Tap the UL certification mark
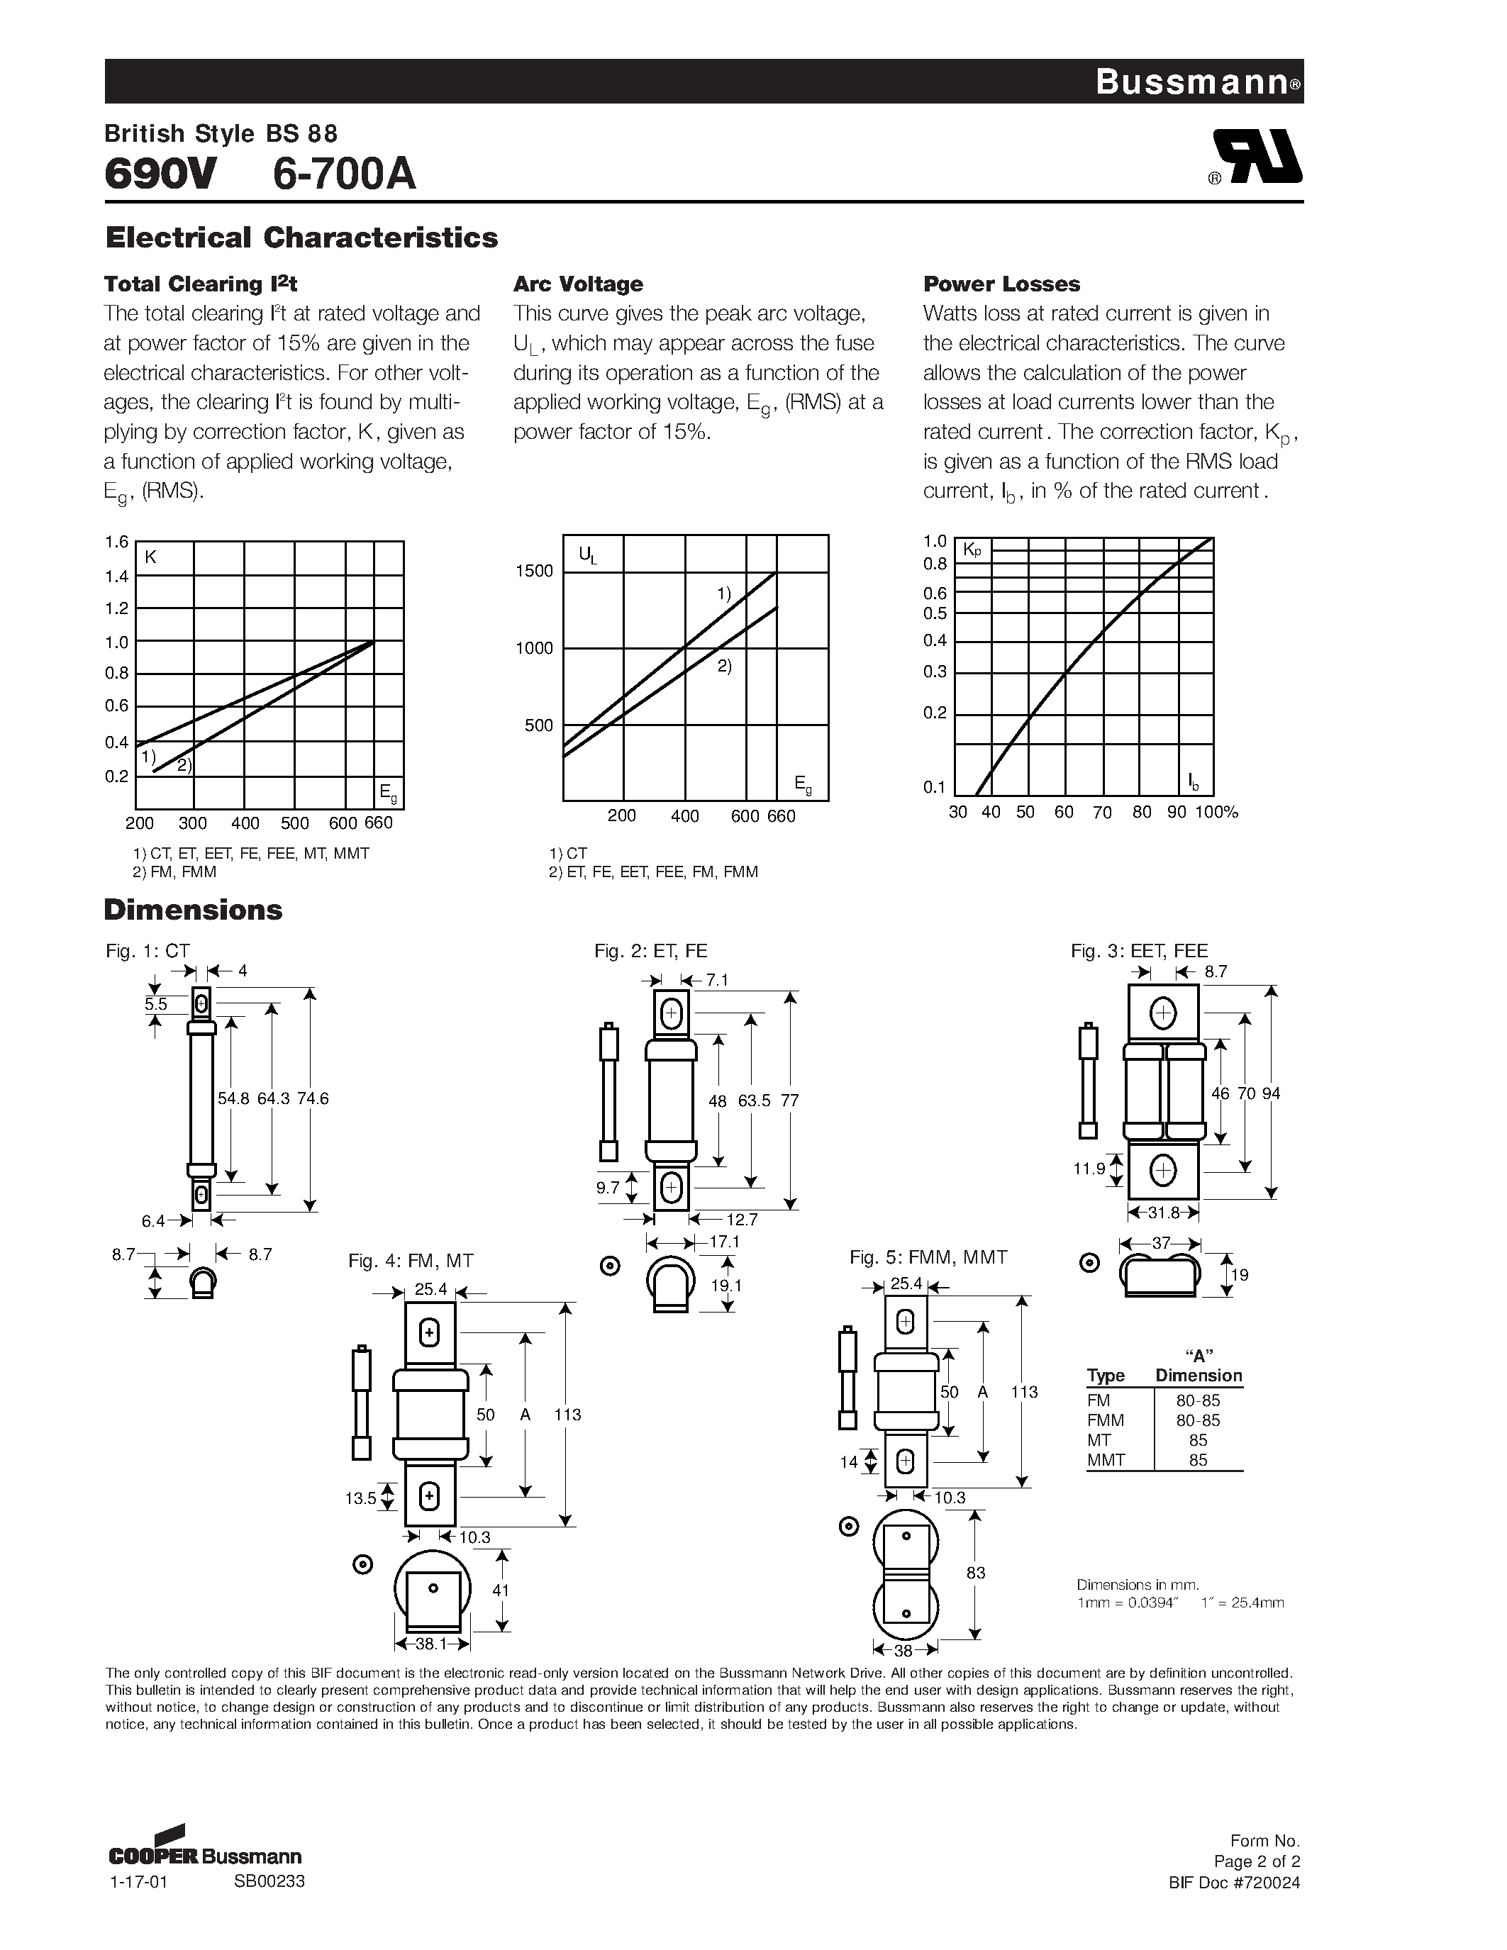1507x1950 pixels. tap(1255, 157)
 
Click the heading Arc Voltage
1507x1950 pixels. tap(577, 284)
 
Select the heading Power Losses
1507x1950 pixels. tap(1001, 284)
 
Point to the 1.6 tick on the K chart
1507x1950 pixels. tap(117, 542)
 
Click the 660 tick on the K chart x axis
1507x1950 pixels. tap(379, 823)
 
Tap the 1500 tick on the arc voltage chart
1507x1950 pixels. tap(534, 572)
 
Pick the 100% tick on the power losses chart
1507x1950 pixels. tap(1217, 813)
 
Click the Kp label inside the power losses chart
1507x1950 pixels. tap(972, 552)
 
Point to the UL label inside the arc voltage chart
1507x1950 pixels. tap(587, 555)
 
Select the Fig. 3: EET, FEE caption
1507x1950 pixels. tap(1138, 951)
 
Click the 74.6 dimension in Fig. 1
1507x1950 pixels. tap(313, 1099)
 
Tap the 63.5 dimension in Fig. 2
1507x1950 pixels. tap(755, 1101)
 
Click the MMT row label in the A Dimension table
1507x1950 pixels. tap(1106, 1460)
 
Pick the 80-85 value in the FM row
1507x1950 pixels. tap(1197, 1401)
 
